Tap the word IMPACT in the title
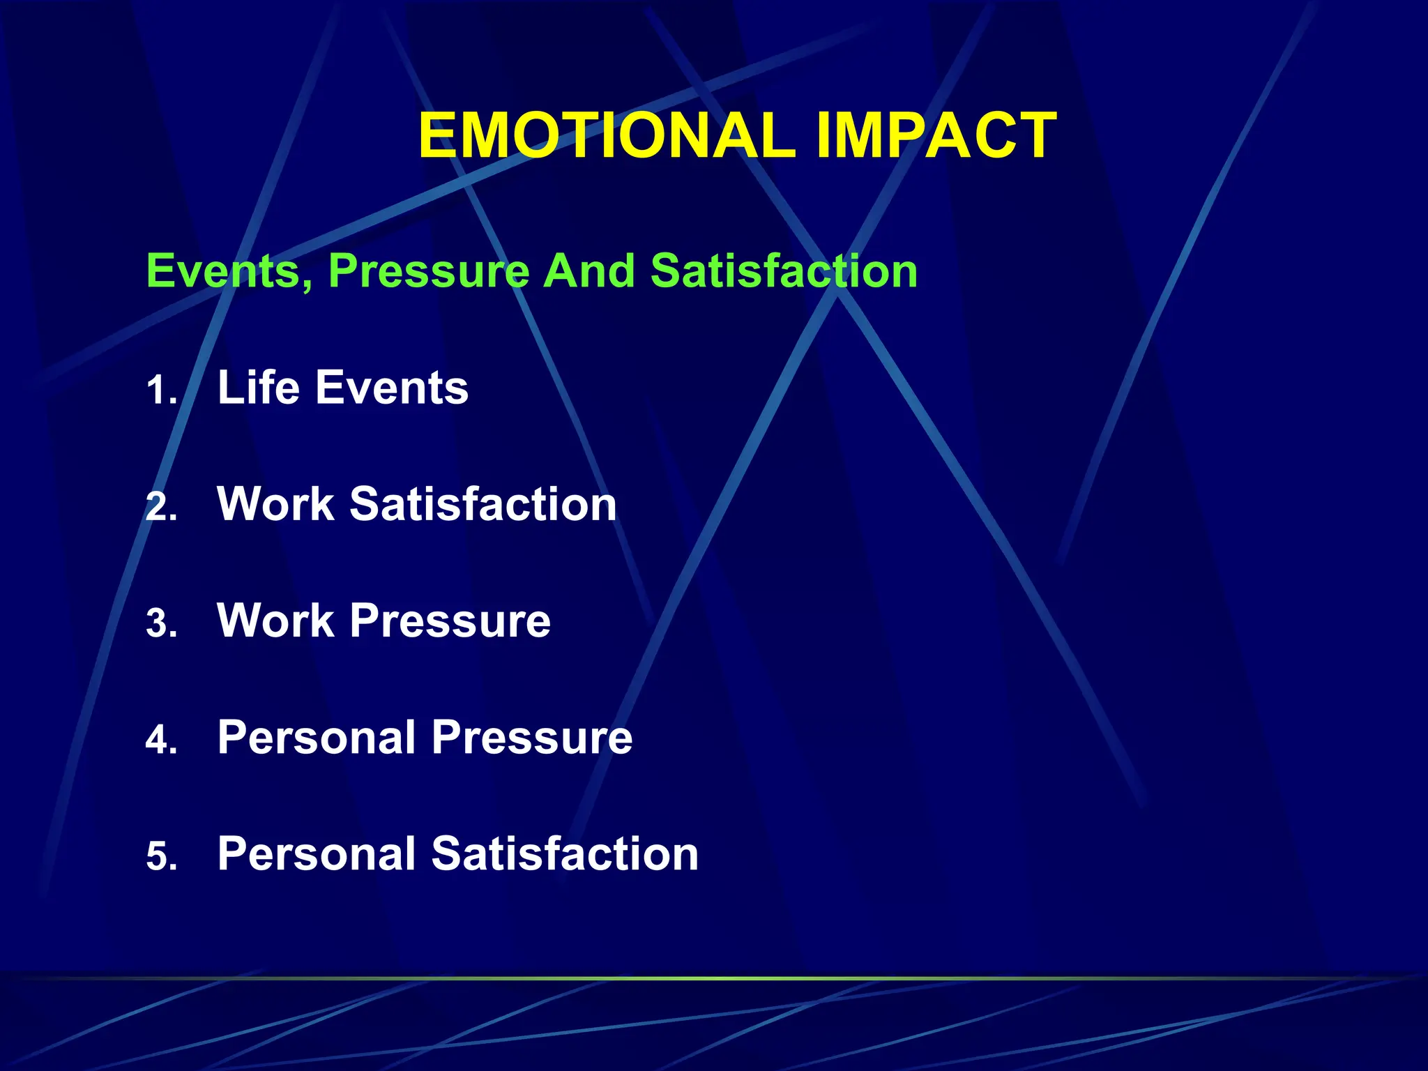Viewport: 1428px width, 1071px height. pos(936,136)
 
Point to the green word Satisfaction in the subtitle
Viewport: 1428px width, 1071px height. pos(784,271)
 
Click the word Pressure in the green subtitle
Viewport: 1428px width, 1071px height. pos(429,271)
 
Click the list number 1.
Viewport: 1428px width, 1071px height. pos(161,390)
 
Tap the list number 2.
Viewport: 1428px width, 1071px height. pos(161,507)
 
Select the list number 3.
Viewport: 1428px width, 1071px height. pos(161,623)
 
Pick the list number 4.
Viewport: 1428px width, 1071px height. pos(161,740)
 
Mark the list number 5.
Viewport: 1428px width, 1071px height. pos(161,856)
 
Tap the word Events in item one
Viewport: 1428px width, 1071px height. pos(392,388)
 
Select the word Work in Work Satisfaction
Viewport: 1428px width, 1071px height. pos(276,504)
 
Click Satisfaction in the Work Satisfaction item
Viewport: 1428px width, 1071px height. pos(483,504)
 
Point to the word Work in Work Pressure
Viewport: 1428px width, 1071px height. pos(276,621)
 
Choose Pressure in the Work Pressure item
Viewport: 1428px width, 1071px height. pos(450,621)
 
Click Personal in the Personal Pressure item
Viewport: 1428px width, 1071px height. pos(317,737)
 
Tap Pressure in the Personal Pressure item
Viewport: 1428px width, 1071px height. pos(532,737)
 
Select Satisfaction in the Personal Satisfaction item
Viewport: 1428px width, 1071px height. pos(565,853)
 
